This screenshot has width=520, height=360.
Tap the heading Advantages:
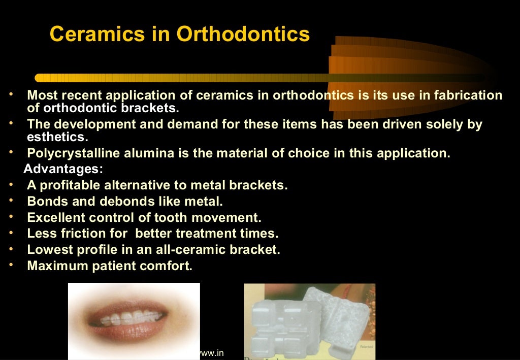(63, 169)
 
